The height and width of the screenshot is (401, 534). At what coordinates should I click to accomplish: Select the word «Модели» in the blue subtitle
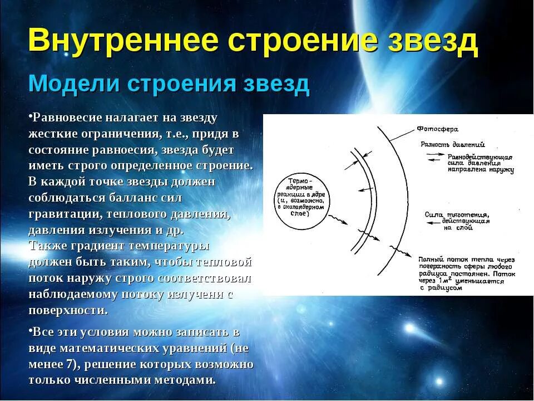click(74, 84)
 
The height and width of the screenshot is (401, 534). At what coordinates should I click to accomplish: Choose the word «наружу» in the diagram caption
click(500, 170)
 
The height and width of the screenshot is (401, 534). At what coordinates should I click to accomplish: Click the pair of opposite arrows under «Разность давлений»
click(433, 157)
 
